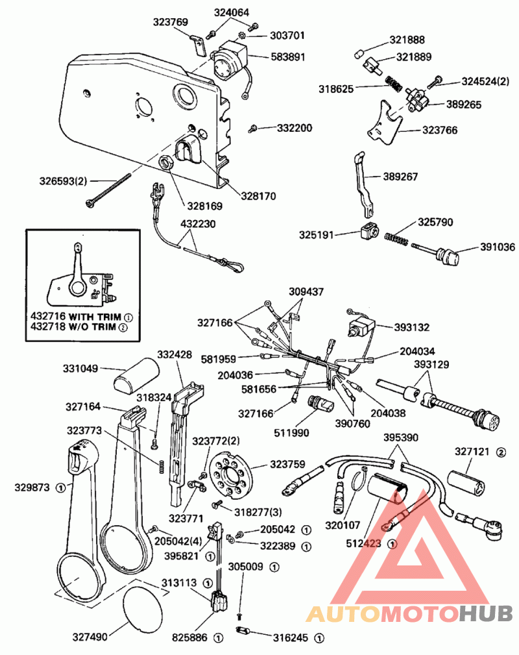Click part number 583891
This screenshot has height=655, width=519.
coord(287,57)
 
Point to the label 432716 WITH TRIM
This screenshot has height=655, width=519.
coord(76,316)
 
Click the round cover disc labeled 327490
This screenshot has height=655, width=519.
coord(143,608)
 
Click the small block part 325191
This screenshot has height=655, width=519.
coord(369,232)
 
